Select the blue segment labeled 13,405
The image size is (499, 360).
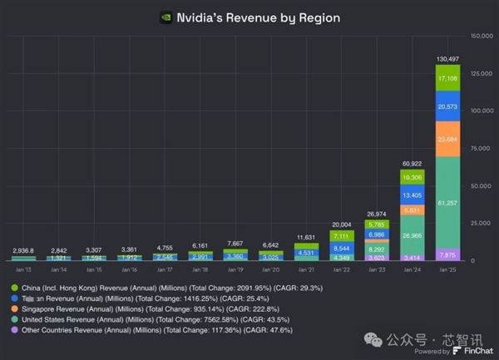pos(412,195)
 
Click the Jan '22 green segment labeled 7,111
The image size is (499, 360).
pos(339,235)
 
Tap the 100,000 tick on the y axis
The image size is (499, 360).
pos(482,111)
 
